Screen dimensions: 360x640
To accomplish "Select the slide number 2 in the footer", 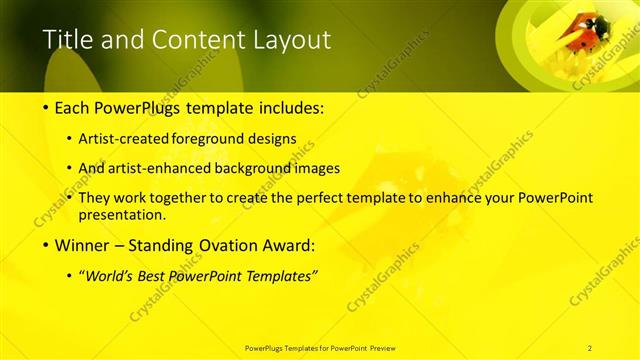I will (590, 347).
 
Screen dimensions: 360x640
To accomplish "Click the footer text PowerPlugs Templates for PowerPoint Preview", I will (319, 347).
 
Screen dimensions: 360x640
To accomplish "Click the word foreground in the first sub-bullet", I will (209, 139).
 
